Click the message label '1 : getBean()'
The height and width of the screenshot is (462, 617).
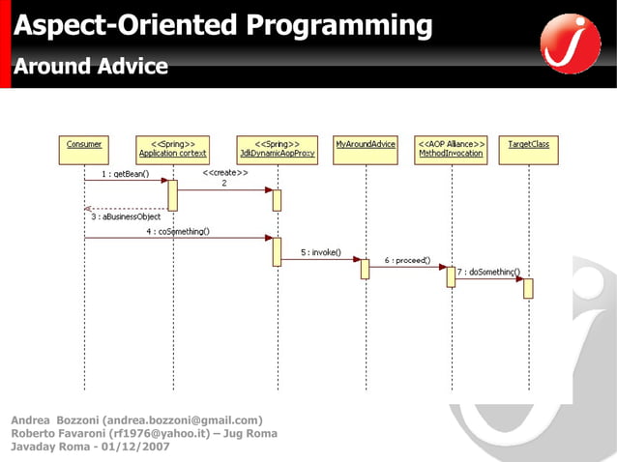[x=124, y=174]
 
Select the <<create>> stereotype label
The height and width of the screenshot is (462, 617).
[x=225, y=173]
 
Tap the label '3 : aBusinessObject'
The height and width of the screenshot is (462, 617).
[x=126, y=217]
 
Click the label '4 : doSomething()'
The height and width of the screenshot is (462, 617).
[x=177, y=232]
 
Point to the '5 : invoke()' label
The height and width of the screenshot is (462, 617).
[x=320, y=252]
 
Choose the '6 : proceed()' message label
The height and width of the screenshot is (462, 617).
[x=407, y=261]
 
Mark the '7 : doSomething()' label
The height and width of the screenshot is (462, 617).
[x=488, y=273]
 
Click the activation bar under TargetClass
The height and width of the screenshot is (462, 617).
[x=529, y=288]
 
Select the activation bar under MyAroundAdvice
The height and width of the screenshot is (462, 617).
[x=366, y=268]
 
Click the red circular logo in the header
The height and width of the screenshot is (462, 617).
[x=570, y=43]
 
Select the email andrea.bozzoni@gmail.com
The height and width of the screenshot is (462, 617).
[x=184, y=420]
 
